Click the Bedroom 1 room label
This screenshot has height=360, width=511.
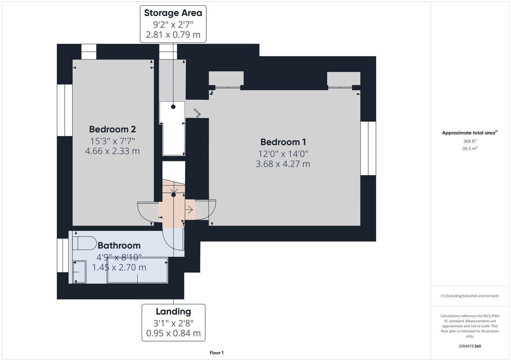283,142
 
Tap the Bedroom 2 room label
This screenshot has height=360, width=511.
112,129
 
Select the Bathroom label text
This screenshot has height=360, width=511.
119,245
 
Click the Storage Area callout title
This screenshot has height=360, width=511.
173,13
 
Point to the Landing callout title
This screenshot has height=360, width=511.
173,312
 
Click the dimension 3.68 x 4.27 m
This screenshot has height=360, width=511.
283,164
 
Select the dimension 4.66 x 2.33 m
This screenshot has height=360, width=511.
112,151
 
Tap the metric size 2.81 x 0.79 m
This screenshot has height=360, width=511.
173,35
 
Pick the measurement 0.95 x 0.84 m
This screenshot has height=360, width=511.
173,334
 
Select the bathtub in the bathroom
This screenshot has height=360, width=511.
137,270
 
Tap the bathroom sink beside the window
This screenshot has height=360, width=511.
79,272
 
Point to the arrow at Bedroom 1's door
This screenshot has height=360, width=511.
189,209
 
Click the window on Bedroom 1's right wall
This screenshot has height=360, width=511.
368,148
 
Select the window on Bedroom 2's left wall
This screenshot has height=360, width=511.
64,110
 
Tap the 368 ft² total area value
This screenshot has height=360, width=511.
470,141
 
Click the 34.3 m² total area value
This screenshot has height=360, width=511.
470,149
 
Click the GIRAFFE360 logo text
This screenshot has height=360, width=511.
470,346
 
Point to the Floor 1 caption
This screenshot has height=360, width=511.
217,353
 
